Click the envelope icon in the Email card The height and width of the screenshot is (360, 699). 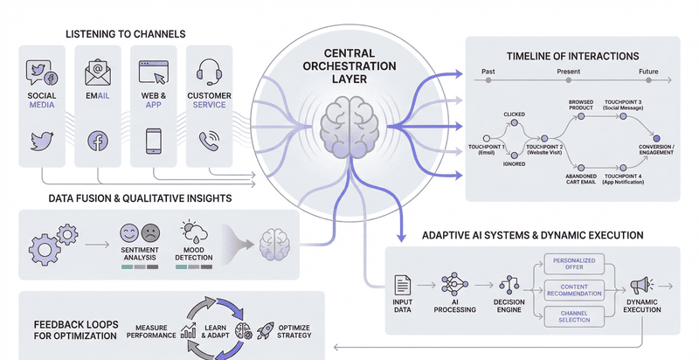point(98,69)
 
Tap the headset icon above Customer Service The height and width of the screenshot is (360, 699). point(209,69)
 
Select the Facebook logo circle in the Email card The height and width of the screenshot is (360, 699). point(98,140)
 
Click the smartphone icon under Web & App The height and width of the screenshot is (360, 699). point(153,140)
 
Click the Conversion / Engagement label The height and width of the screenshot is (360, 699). point(655,149)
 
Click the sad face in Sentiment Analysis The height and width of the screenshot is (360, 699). point(150,232)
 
